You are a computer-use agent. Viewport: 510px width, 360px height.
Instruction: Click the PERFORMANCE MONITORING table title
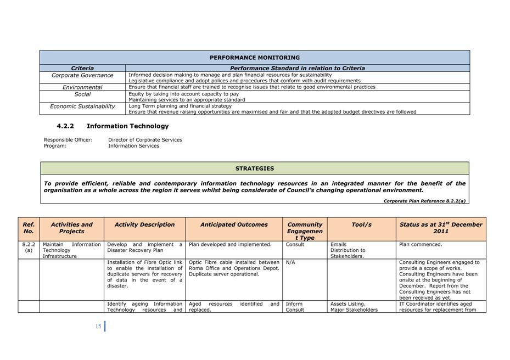(x=255, y=58)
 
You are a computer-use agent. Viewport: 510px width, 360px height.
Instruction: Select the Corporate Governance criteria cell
(x=82, y=75)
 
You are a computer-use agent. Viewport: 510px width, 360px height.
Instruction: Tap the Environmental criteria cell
(x=82, y=87)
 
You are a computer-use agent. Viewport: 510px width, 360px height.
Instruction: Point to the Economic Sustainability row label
(x=82, y=106)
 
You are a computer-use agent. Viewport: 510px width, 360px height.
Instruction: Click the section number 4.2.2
(x=65, y=126)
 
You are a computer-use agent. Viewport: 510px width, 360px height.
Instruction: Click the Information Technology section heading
(x=127, y=126)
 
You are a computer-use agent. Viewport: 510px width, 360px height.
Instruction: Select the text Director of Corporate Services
(x=145, y=140)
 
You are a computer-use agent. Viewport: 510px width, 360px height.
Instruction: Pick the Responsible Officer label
(x=68, y=140)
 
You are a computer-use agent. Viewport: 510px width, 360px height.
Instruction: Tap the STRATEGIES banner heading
(x=255, y=168)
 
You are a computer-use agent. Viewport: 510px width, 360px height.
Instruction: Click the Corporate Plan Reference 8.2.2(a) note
(x=424, y=201)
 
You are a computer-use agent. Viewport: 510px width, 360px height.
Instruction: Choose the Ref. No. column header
(x=29, y=228)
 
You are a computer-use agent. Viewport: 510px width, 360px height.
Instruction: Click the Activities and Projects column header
(x=71, y=228)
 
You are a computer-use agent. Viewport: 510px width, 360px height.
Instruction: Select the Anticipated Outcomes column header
(x=234, y=224)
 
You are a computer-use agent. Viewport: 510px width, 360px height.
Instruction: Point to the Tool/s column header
(x=361, y=224)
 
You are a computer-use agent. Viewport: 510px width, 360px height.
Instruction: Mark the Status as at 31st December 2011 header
(x=441, y=228)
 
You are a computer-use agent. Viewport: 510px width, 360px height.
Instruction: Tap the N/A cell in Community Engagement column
(x=290, y=262)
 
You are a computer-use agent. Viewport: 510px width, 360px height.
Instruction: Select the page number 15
(x=98, y=327)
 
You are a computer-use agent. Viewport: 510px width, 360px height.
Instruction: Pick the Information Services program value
(x=133, y=146)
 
